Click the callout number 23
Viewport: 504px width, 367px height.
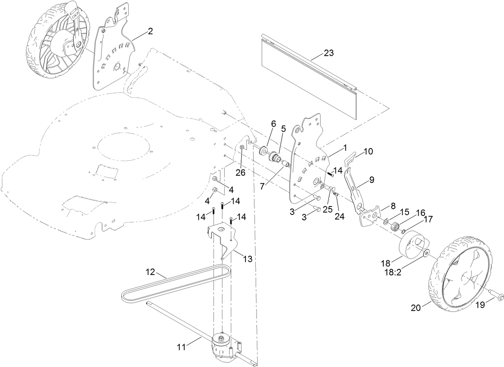coord(329,53)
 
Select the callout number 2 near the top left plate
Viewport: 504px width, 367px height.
coord(150,32)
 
